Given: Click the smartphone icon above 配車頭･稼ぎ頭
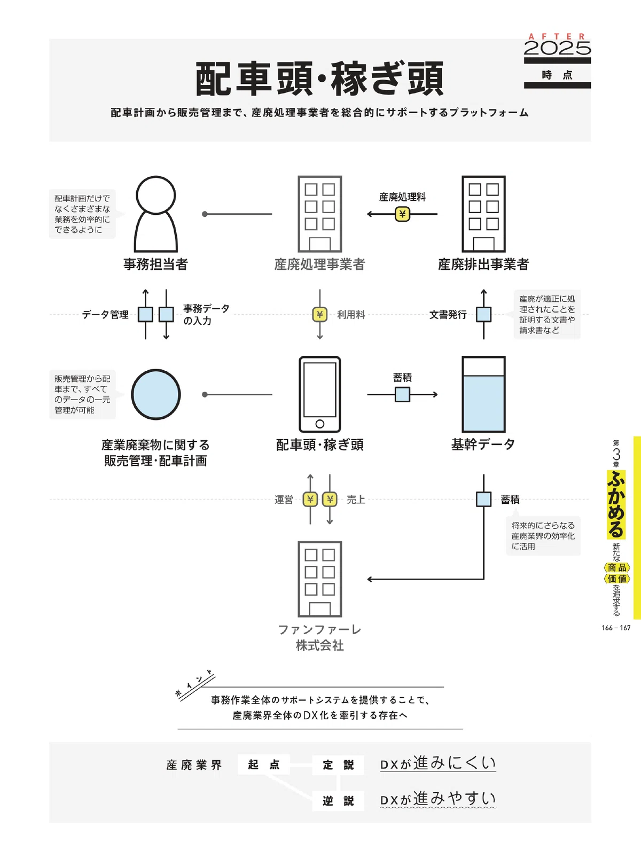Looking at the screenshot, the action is coord(320,394).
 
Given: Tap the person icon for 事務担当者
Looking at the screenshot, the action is coord(155,214).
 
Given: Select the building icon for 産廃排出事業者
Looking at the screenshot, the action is coord(483,214).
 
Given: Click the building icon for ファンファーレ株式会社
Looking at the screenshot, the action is coord(320,579).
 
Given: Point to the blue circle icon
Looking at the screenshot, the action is coord(155,394).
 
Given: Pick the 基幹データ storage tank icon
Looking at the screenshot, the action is coord(483,394).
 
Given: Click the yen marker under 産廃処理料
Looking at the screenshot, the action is coord(402,214).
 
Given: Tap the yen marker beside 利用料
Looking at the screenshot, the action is coord(320,314).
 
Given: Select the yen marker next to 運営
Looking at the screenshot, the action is coord(310,499).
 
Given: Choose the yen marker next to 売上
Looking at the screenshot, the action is coord(330,499).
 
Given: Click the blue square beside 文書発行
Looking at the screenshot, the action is coord(483,314).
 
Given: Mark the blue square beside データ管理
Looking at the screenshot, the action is coord(145,314).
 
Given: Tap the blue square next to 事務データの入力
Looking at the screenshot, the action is coord(166,314).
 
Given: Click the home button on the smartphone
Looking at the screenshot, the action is coord(320,424).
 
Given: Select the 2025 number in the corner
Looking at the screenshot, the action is coord(557,48).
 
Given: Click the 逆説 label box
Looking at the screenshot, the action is coord(338,801).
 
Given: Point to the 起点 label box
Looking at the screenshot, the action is coord(264,764).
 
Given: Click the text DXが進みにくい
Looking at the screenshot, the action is coord(438,763).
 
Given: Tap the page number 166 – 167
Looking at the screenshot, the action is coord(616,628).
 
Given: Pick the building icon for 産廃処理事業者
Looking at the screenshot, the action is coord(320,214).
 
